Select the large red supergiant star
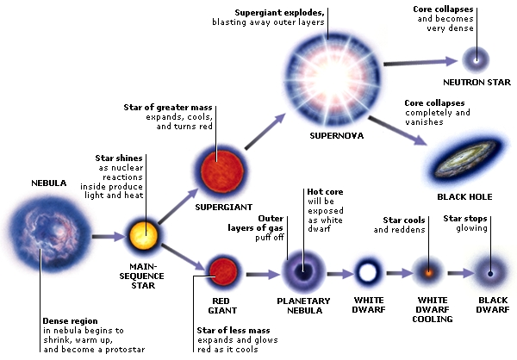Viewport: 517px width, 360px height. [x=218, y=166]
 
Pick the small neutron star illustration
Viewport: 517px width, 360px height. [x=473, y=59]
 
